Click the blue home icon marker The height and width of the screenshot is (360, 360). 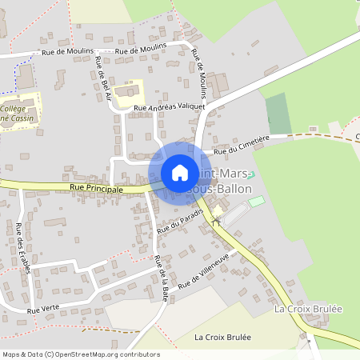pos(180,173)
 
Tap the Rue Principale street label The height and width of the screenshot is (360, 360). pos(96,190)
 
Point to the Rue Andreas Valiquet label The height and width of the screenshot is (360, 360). pos(170,106)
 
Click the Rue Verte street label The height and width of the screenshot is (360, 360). pos(43,309)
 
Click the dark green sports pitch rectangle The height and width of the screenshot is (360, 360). pos(277,114)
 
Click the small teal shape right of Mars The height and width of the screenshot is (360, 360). pos(251,174)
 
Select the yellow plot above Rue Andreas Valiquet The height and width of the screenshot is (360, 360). pos(127,91)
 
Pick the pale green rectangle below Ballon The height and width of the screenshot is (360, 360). pos(256,202)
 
